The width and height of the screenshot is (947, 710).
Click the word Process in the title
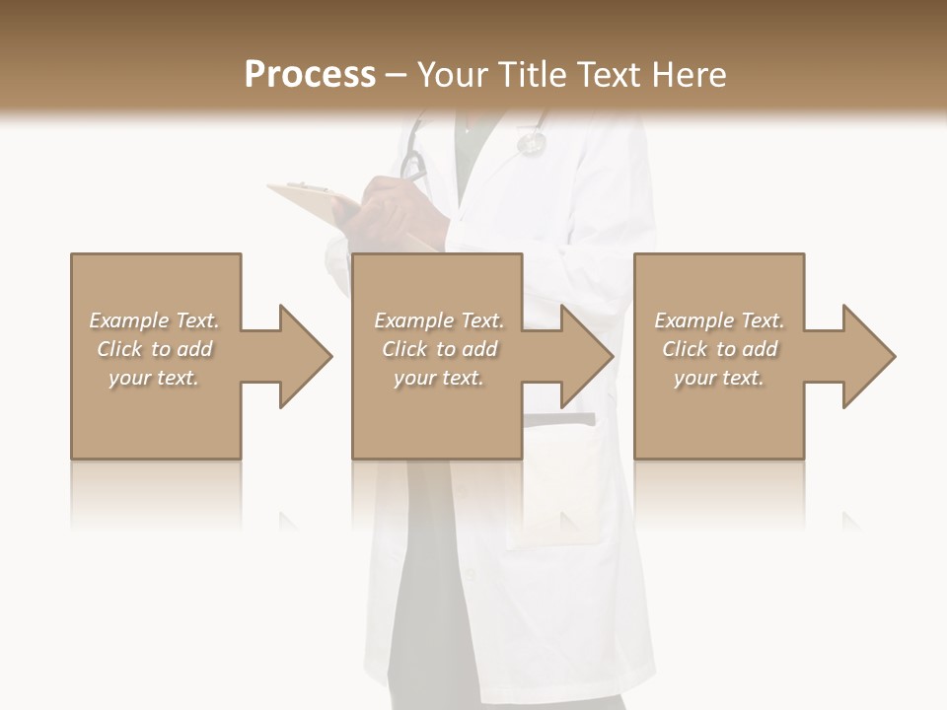click(x=310, y=75)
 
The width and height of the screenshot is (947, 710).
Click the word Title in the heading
click(x=534, y=75)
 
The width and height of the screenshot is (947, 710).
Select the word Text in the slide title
click(x=609, y=75)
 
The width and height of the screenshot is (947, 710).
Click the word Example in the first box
click(x=128, y=320)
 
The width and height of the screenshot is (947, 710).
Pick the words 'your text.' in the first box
click(x=154, y=378)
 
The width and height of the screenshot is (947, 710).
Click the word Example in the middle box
click(x=413, y=320)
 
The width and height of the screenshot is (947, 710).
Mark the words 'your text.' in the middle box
click(x=439, y=378)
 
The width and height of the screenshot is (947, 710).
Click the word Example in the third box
click(x=693, y=320)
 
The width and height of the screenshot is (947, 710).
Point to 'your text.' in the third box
click(x=719, y=378)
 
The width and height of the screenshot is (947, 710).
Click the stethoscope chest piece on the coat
click(x=532, y=144)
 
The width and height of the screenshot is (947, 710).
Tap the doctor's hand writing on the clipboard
click(x=395, y=207)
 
